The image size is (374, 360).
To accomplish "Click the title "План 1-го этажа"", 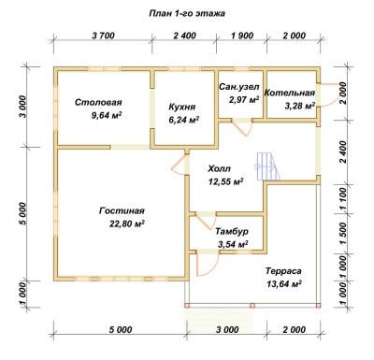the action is pos(187,14).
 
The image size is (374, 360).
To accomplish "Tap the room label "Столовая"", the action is pos(98,102).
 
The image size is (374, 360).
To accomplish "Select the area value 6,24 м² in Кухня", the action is pos(184,120).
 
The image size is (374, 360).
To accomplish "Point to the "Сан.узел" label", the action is pos(239,87).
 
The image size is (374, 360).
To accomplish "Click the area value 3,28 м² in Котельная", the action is pos(299,106).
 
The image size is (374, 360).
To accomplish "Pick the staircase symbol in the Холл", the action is pos(267,166).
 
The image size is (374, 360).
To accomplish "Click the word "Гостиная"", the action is pos(122,211).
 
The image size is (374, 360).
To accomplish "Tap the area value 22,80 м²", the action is pos(127,223).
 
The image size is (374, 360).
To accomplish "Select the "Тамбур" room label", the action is pos(232,232).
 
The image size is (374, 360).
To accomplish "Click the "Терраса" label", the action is pos(283,271).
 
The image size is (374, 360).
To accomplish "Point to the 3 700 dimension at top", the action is pos(104,36).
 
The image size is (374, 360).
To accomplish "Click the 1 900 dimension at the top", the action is pos(242,36).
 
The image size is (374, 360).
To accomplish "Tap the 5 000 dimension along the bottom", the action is pos(121,329).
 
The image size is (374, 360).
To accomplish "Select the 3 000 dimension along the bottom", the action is pos(227,329).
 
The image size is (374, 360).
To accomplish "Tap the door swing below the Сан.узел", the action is pos(242,127).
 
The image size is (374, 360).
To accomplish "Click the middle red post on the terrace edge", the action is pos(252,306).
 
